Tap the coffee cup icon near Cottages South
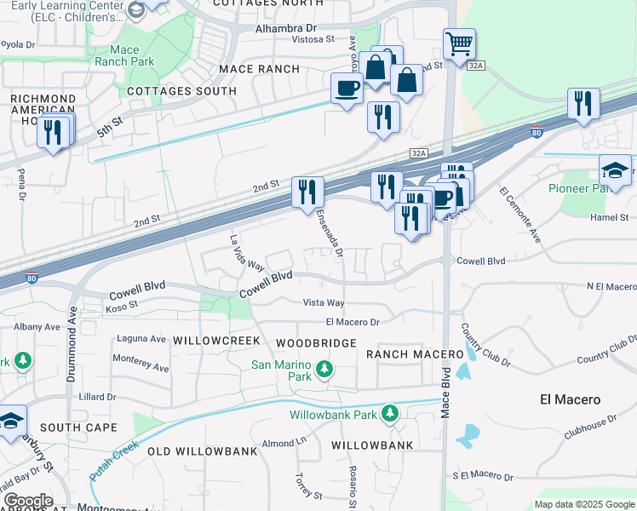tap(347, 88)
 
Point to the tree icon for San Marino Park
tap(324, 369)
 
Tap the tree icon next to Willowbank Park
tap(390, 414)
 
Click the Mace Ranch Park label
tap(123, 55)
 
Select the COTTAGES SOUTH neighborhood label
tap(181, 91)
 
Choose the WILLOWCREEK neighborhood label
tap(215, 340)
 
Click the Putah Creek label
tap(114, 459)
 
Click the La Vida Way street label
tap(247, 253)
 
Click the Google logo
tap(28, 501)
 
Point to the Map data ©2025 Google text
tap(583, 504)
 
